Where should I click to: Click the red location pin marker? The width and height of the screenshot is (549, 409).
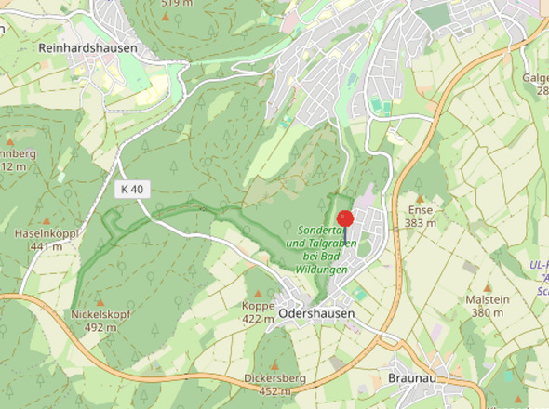coord(345,219)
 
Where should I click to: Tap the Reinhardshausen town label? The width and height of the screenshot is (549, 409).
coord(88,47)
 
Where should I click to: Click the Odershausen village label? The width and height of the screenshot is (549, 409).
coord(316,315)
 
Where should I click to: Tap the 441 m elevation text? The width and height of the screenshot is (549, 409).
coord(46,246)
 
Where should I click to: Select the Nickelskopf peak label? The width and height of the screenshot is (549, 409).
coord(100,314)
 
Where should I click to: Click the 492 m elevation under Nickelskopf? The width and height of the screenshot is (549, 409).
coord(100,327)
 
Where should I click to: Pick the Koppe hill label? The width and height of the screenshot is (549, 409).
coord(258,306)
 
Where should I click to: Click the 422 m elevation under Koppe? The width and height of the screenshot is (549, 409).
coord(258,319)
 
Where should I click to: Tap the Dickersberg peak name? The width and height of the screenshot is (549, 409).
coord(275,378)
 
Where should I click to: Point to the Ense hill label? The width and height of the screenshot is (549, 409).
coord(421,211)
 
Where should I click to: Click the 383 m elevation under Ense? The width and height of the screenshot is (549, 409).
coord(421,223)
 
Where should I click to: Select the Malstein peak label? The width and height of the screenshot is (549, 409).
coord(488,299)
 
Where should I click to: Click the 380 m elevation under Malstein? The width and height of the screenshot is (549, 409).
coord(488,312)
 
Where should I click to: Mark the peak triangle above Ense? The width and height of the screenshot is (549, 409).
coord(420,198)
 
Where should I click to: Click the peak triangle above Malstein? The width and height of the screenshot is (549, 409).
coord(489,287)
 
